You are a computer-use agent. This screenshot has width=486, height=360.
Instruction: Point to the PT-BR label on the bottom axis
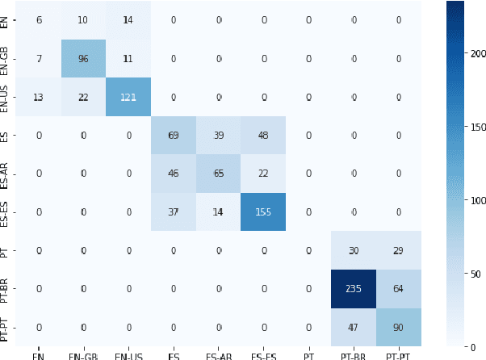click(354, 354)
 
